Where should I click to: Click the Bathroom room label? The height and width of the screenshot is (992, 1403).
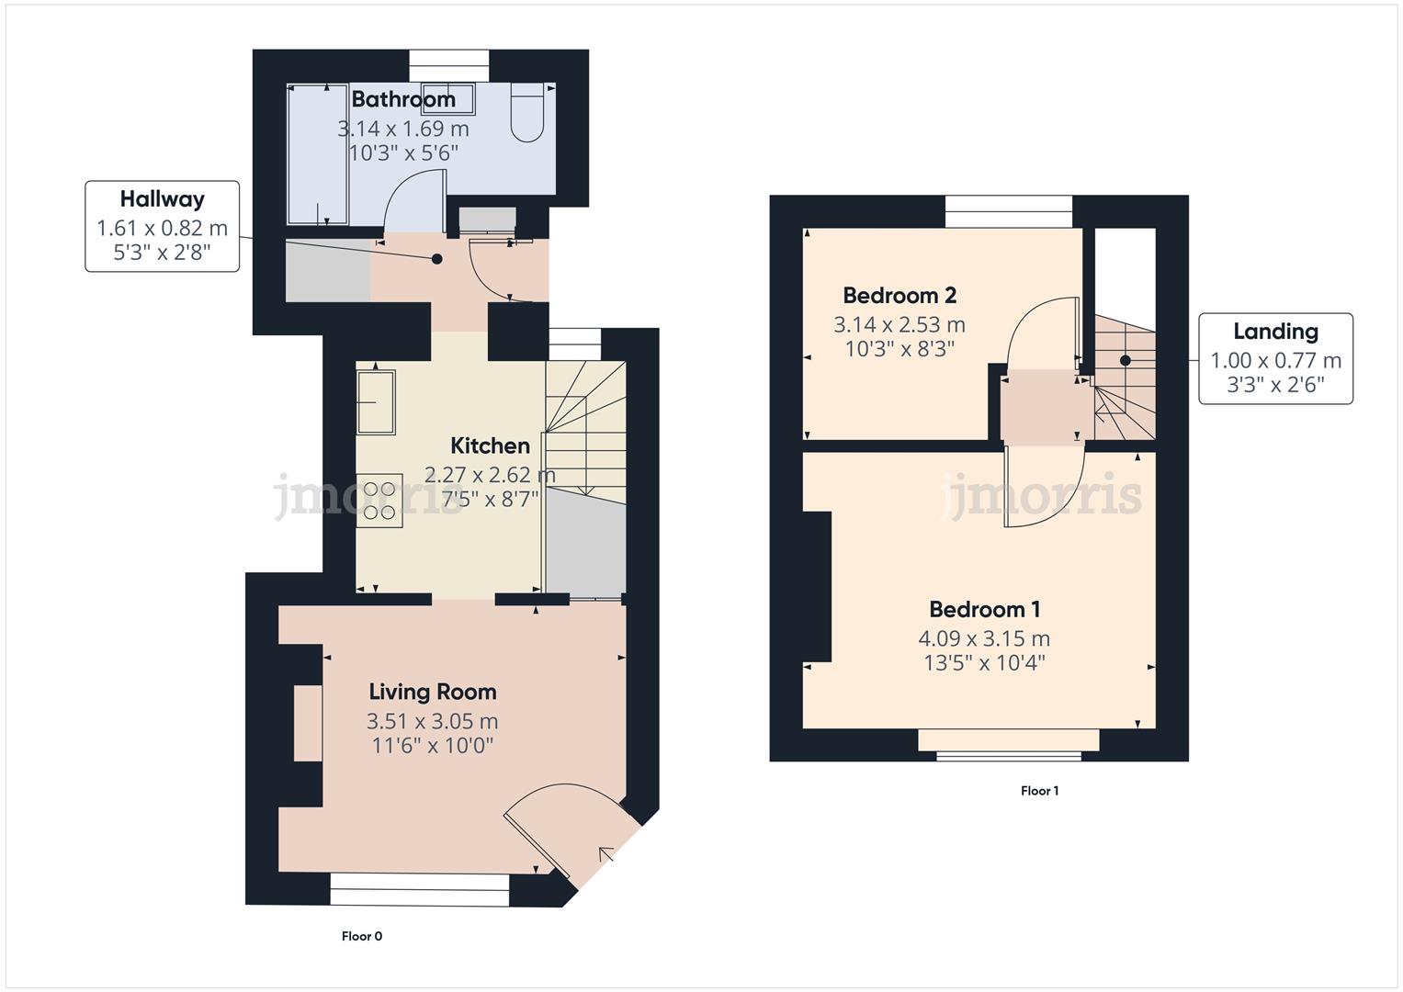[403, 99]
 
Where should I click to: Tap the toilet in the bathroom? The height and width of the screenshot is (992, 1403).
[527, 114]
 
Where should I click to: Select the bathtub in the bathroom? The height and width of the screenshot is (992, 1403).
[317, 154]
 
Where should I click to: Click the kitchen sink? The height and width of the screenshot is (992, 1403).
[376, 401]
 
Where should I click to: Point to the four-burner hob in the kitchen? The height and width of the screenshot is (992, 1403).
[379, 502]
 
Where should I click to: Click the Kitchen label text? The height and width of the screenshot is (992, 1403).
[490, 446]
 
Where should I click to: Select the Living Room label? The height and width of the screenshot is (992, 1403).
[432, 693]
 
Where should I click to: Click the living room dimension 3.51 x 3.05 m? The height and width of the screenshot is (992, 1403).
[432, 721]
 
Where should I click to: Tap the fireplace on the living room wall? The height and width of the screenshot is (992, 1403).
[307, 723]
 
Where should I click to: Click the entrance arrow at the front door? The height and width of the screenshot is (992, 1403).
[606, 855]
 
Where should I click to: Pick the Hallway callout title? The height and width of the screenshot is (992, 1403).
[162, 199]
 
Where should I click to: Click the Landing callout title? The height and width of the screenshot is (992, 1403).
[1274, 332]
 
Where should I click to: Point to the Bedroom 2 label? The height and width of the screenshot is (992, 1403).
[899, 296]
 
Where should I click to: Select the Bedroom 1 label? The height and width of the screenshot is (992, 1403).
[984, 610]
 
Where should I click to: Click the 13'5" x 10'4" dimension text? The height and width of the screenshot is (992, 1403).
[984, 663]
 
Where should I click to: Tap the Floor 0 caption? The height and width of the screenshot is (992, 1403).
[361, 937]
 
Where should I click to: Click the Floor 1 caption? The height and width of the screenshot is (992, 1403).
[1039, 791]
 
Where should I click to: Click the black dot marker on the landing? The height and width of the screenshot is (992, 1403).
[1125, 361]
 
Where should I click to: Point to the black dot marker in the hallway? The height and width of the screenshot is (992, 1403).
[437, 260]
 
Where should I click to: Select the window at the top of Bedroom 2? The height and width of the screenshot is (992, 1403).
[1008, 212]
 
